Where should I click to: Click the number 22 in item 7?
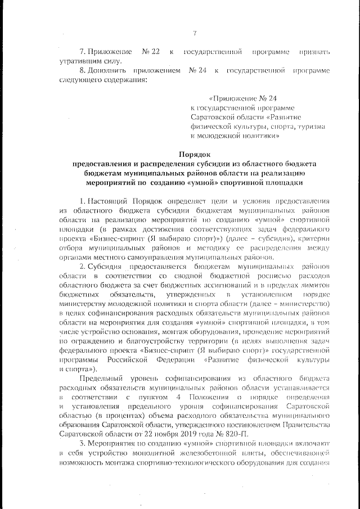(151, 52)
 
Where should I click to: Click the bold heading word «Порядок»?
(194, 154)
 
